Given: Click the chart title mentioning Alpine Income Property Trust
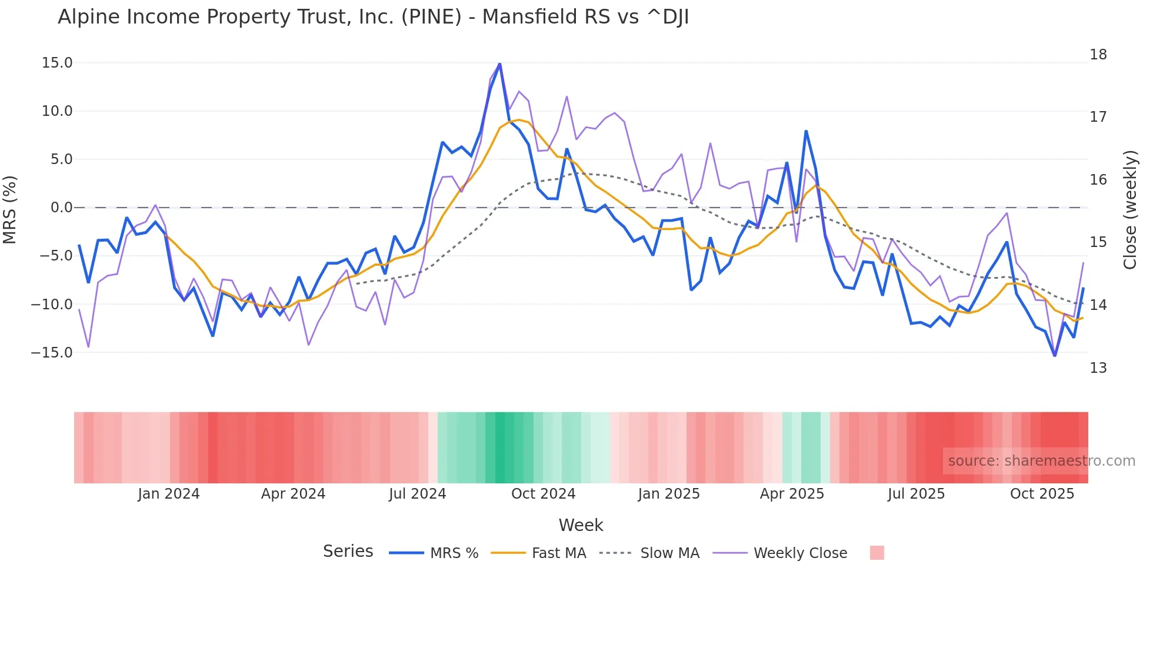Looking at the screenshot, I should click(373, 17).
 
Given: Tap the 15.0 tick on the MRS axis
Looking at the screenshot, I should click(57, 63).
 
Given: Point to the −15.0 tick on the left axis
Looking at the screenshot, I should click(52, 353).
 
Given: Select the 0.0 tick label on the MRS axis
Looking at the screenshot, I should click(61, 208).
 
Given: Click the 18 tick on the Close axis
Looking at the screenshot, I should click(1098, 55).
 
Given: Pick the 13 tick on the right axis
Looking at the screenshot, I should click(1098, 368).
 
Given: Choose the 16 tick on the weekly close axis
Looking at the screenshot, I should click(1098, 180).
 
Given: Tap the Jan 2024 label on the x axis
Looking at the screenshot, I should click(169, 494).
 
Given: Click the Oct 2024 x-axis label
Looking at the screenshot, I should click(543, 494).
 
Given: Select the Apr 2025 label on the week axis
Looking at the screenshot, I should click(792, 494).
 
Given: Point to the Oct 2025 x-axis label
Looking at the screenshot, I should click(1042, 494).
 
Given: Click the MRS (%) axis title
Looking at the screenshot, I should click(10, 209).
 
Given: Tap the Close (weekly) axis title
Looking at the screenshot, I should click(1129, 210).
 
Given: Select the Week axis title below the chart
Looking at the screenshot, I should click(581, 525).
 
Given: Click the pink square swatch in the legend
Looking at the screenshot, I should click(877, 553).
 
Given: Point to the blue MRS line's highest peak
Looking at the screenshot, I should click(499, 64).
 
